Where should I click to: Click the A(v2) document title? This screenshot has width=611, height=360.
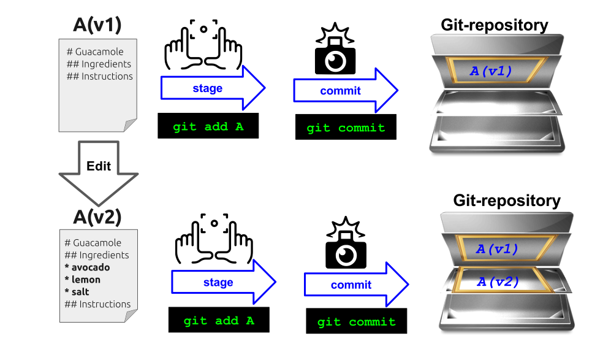[97, 216]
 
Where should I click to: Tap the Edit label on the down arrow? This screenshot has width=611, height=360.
[99, 167]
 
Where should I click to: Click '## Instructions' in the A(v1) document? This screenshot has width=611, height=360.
[99, 76]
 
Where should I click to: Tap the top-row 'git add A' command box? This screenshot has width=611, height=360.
[208, 126]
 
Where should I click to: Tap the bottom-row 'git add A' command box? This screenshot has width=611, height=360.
[218, 321]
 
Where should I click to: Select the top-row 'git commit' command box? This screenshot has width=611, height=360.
[346, 128]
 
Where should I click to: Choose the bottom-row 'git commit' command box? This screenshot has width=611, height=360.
[356, 321]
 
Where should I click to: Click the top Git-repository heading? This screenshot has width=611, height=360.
[494, 25]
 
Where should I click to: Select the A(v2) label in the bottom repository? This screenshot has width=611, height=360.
[498, 282]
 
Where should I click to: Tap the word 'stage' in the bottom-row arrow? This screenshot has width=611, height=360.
[218, 283]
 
